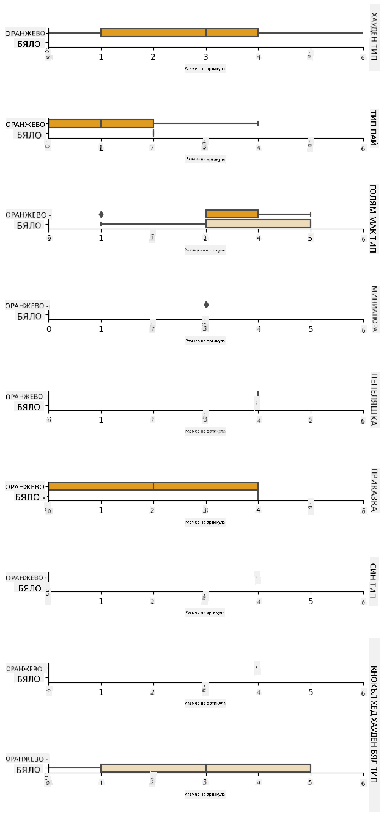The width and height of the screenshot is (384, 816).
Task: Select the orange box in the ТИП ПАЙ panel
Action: point(101,123)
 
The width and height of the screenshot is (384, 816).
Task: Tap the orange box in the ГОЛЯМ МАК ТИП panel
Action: point(232,214)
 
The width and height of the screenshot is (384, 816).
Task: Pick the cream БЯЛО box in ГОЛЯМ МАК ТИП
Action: point(258,223)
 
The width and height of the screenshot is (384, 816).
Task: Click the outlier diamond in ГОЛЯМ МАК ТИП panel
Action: point(101,214)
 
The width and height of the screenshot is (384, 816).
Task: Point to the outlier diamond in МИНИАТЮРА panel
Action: point(206,305)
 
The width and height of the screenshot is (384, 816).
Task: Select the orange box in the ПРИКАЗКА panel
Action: point(153,486)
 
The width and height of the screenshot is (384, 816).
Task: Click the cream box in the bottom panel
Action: point(205,768)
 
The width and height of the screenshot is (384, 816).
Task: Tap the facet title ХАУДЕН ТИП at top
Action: point(374,38)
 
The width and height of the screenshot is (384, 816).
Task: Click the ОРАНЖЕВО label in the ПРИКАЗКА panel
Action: point(25,486)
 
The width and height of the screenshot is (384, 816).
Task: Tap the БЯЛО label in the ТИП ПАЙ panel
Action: point(29,135)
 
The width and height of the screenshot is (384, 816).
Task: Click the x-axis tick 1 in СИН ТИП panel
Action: point(101,601)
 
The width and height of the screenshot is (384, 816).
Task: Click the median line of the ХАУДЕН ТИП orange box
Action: point(206,32)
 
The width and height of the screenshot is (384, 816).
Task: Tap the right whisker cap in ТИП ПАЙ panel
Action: point(258,123)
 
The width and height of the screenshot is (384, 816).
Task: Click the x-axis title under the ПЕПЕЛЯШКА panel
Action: point(205,431)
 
